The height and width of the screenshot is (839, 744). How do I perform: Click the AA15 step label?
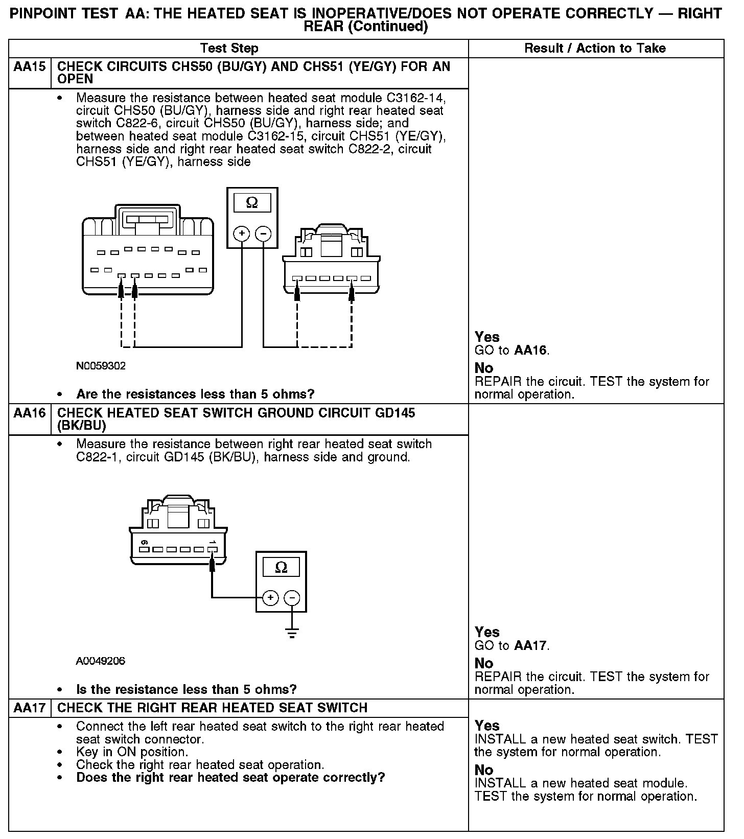click(x=30, y=66)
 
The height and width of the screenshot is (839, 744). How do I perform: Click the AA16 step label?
click(x=30, y=413)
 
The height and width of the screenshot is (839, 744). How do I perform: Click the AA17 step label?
click(x=30, y=708)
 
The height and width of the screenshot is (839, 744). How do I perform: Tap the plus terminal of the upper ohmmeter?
click(x=242, y=234)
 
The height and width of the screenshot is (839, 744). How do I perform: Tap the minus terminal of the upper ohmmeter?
click(x=263, y=234)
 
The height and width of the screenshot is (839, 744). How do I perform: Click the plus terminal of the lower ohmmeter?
click(x=270, y=598)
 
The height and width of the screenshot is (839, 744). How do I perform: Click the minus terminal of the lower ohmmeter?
click(x=292, y=598)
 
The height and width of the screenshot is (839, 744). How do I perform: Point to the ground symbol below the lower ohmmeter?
click(x=292, y=634)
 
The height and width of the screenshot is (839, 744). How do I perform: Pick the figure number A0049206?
click(x=101, y=661)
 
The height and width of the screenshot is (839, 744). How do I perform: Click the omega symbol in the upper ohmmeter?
click(x=252, y=203)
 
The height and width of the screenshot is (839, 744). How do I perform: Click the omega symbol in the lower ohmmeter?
click(x=281, y=567)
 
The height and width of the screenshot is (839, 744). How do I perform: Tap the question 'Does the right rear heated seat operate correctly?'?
click(x=230, y=778)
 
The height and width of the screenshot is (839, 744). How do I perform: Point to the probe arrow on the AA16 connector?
click(x=212, y=563)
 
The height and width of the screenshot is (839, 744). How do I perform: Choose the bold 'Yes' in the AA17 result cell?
click(x=487, y=726)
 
